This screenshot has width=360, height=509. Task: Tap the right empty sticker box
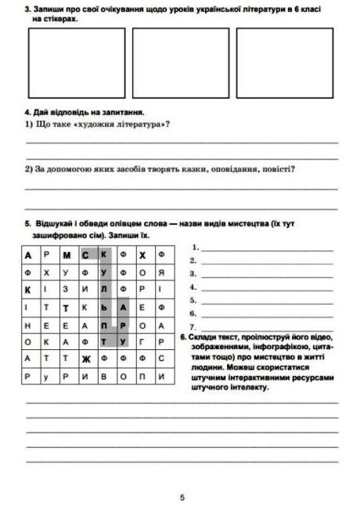285,56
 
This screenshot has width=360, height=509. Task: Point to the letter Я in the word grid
161,273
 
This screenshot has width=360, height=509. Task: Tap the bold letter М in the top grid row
67,255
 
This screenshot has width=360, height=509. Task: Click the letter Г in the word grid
142,342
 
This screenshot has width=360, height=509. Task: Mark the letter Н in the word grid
28,325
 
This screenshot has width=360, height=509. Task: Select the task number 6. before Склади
182,337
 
